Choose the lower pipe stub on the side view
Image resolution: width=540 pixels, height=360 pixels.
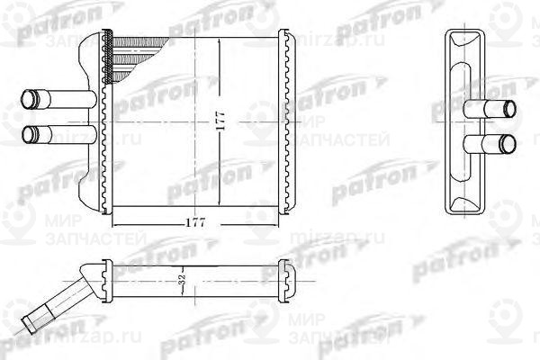click(x=490, y=143)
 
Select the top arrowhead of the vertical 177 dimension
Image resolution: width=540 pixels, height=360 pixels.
click(x=224, y=40)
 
